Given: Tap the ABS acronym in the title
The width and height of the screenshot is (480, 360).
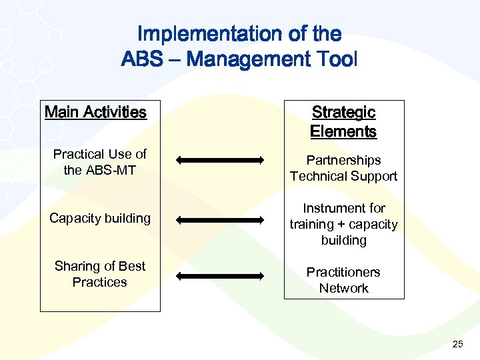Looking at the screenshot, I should coord(142,59).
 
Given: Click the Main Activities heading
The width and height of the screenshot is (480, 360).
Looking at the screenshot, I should coord(95,112).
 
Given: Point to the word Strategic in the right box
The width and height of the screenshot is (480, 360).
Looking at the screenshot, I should coord(343,113).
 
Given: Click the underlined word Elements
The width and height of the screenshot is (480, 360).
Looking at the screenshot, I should coord(343,131).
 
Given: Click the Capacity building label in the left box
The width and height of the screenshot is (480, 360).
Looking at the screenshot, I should coord(100,218).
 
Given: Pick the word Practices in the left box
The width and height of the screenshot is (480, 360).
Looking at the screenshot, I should coord(99,282).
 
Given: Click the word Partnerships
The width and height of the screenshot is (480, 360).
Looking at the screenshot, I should coord(343,160).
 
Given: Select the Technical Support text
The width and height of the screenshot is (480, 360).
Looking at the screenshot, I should coord(343,176).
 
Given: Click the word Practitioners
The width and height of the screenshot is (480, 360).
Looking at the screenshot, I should coord(343,272).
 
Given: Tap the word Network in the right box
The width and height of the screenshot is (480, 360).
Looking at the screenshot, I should coord(343,288).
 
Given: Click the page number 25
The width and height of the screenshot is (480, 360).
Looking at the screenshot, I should coord(457,344).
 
